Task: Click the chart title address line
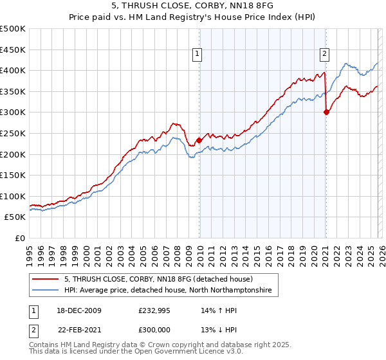pos(193,6)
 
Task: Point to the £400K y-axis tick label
pos(13,71)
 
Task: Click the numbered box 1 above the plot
pos(196,55)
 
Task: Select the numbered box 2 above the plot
pos(325,55)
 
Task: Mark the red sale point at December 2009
pos(199,140)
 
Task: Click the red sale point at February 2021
pos(326,112)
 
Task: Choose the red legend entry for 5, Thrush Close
pos(159,279)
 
